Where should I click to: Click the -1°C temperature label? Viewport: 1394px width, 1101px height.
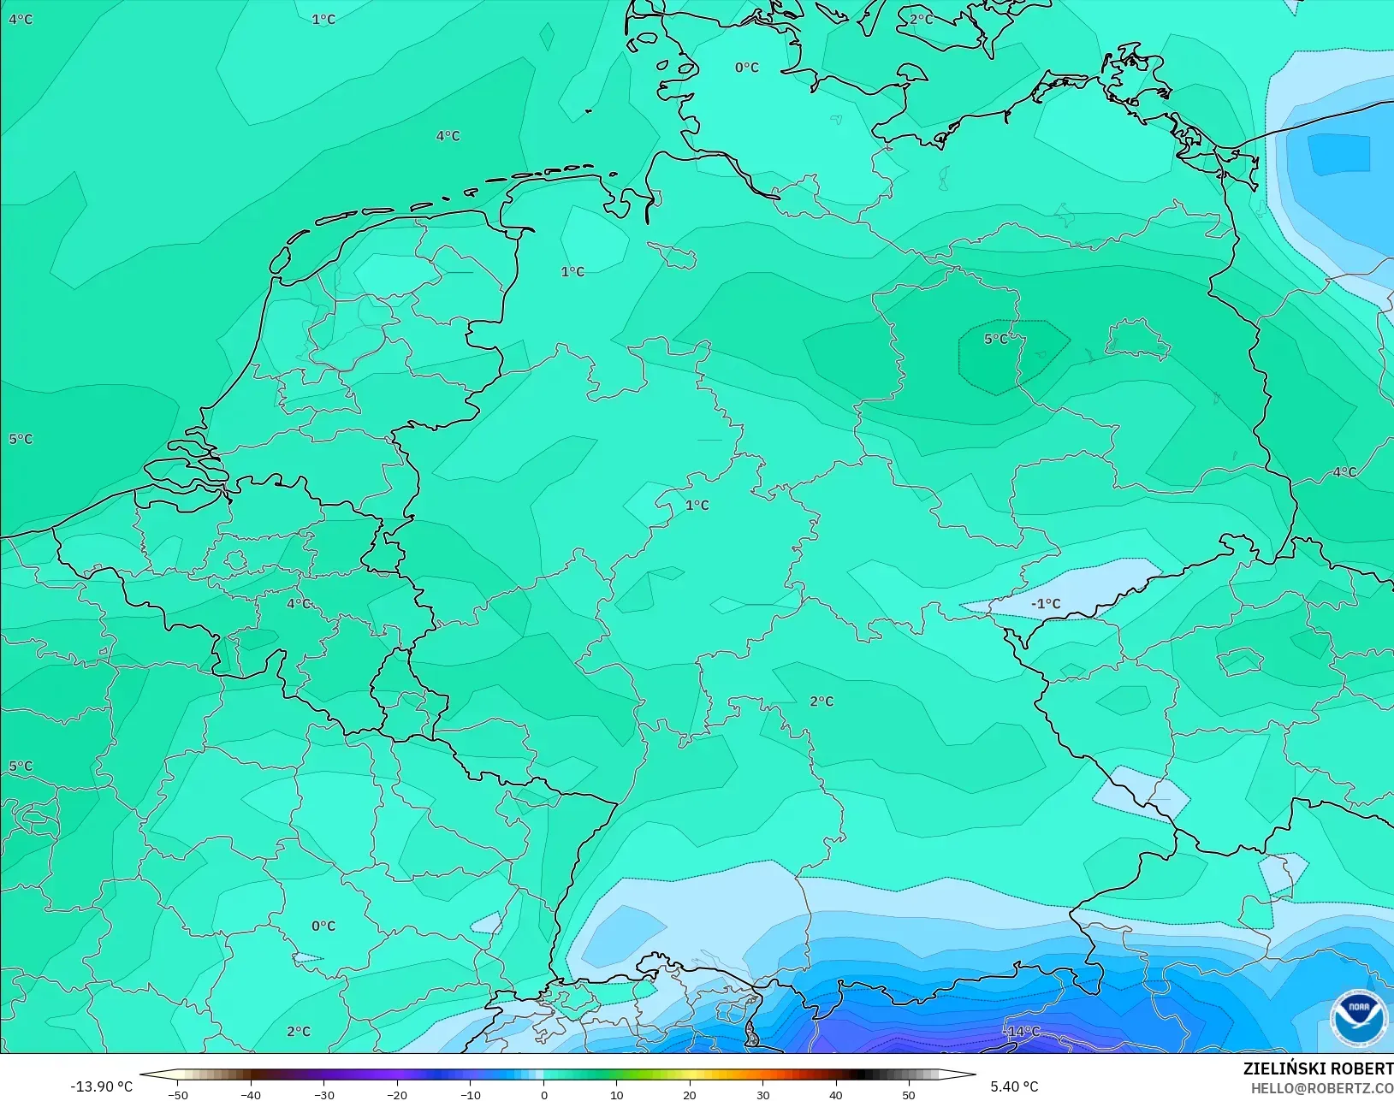coord(1045,604)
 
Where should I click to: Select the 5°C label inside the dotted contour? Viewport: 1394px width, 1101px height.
coord(995,340)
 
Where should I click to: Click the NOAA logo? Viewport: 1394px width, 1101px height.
coord(1358,1017)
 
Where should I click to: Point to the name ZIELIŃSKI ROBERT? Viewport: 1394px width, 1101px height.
coord(1318,1068)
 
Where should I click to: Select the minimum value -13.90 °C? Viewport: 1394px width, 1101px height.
coord(101,1086)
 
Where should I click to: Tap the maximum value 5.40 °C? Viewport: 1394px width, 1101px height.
coord(1014,1086)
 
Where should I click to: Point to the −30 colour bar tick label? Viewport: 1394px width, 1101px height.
coord(323,1095)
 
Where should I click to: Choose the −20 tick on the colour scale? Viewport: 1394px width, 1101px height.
coord(396,1095)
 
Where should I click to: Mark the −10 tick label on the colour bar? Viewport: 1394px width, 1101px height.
coord(470,1095)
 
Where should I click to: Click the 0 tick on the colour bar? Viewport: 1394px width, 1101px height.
coord(543,1095)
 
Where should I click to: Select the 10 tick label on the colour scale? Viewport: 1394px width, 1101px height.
coord(616,1095)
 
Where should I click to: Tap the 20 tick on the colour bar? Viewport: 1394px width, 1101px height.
coord(690,1095)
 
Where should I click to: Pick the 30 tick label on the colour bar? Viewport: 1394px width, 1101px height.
coord(762,1095)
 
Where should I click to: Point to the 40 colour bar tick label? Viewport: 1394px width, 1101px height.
coord(836,1095)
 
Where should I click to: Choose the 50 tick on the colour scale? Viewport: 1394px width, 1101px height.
coord(909,1095)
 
